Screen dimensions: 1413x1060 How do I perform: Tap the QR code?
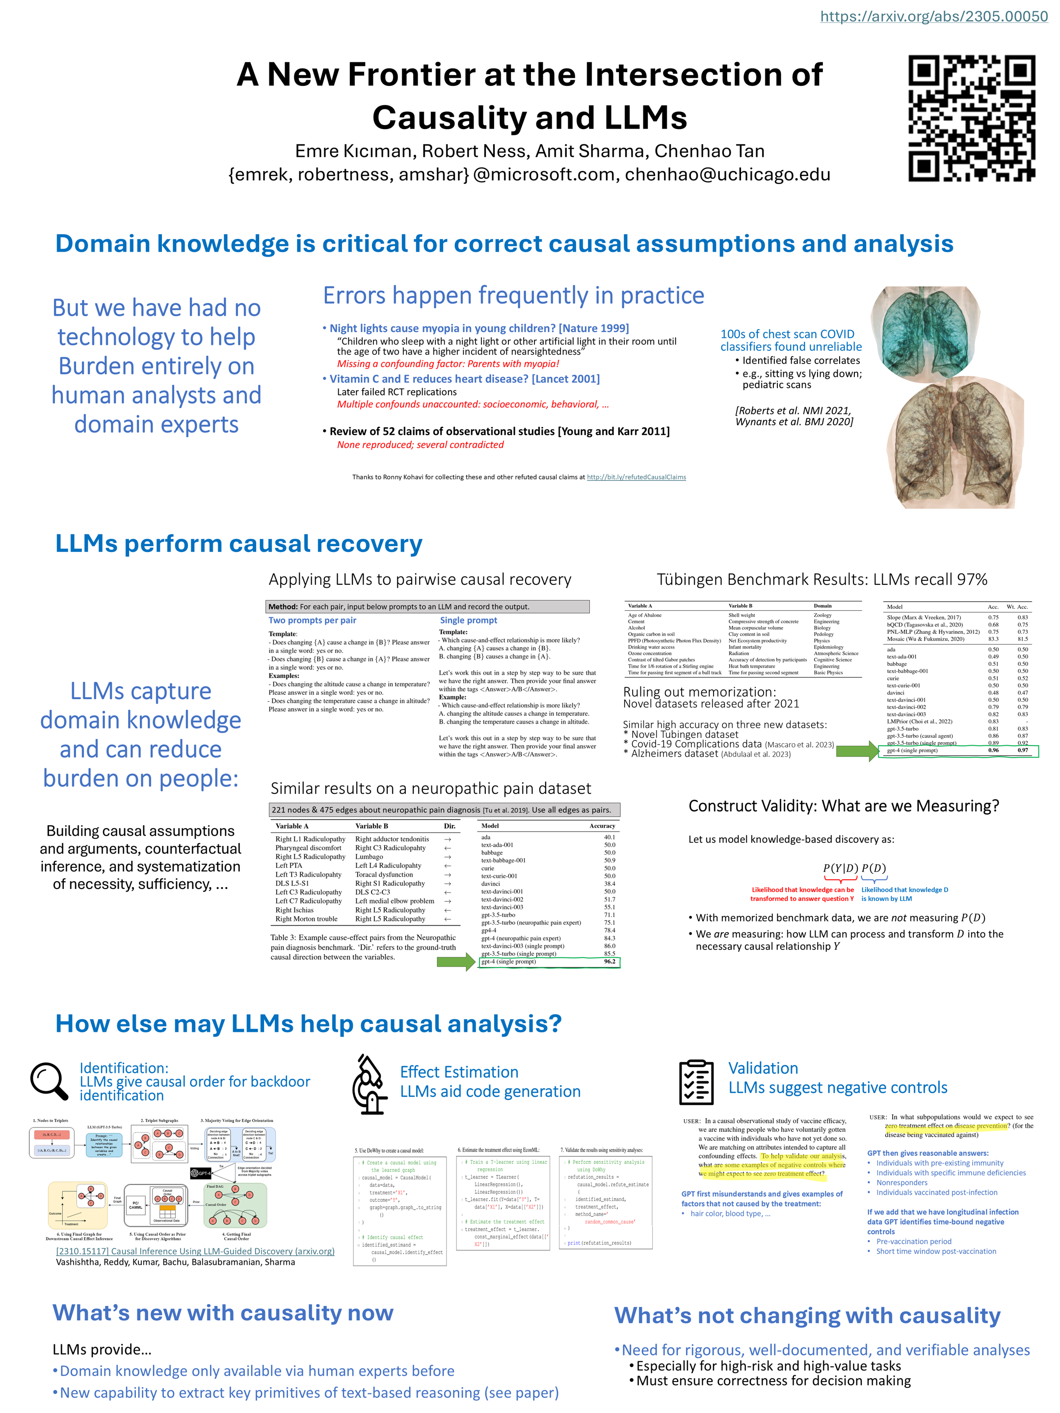[x=971, y=118]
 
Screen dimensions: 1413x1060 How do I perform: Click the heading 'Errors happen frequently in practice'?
[x=513, y=296]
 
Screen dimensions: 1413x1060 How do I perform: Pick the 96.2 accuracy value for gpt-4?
[x=609, y=961]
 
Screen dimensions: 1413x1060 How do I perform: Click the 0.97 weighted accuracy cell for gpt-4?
[x=1022, y=750]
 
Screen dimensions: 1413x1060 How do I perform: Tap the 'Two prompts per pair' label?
[x=312, y=620]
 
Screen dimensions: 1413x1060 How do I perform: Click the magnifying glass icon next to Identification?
[x=49, y=1081]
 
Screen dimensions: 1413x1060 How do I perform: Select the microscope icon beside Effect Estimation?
[x=370, y=1084]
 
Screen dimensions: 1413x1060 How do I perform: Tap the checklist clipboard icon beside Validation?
[x=696, y=1081]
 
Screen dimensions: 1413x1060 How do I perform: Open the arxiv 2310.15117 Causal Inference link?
[x=195, y=1251]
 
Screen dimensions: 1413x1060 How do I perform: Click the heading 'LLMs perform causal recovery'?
[x=238, y=544]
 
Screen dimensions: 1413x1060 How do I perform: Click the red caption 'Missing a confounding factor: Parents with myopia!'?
[x=448, y=364]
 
